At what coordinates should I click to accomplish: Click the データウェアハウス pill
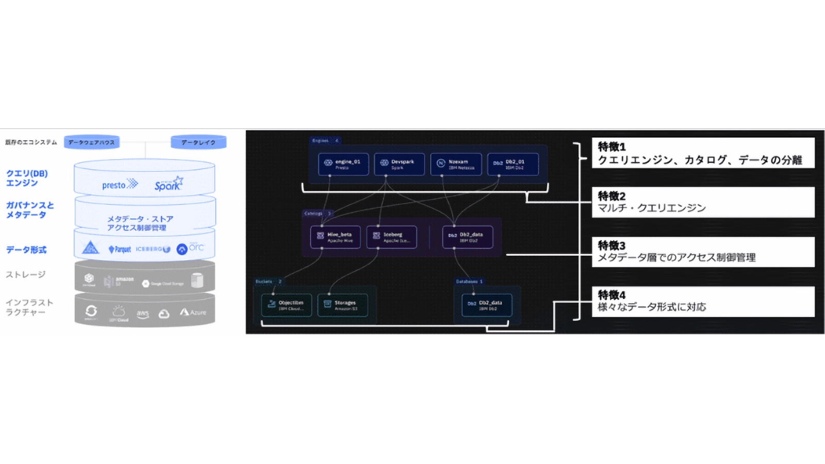point(92,142)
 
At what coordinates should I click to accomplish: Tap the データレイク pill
point(199,142)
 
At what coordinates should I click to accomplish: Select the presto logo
point(120,185)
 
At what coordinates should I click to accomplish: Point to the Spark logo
point(168,185)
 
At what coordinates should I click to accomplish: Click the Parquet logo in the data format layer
point(120,250)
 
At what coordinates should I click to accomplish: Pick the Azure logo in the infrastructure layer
point(193,312)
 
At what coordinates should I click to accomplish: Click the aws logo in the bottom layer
point(143,313)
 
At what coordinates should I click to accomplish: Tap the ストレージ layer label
point(26,274)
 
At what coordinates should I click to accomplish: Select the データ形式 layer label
point(26,250)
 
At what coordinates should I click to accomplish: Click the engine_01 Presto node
point(343,164)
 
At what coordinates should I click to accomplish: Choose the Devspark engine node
point(399,164)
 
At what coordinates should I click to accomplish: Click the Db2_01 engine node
point(513,164)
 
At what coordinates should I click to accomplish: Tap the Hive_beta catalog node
point(335,237)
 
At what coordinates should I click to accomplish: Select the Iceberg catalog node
point(391,237)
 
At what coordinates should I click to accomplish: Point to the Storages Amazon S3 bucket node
point(342,305)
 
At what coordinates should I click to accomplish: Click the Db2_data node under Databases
point(487,305)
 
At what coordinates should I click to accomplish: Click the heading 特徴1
point(612,147)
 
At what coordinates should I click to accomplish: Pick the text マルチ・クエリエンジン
point(652,208)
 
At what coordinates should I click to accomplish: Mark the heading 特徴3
point(612,245)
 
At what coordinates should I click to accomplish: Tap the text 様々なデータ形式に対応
point(652,307)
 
